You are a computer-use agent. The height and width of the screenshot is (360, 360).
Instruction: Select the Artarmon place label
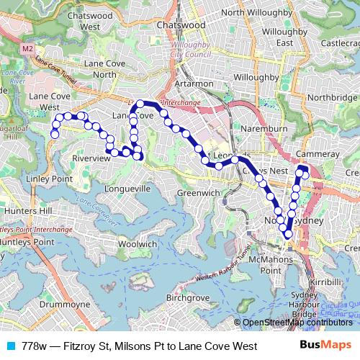click(x=213, y=84)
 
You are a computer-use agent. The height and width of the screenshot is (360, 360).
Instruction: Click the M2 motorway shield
click(x=27, y=48)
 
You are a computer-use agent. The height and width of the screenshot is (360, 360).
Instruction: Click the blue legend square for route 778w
click(x=10, y=346)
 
